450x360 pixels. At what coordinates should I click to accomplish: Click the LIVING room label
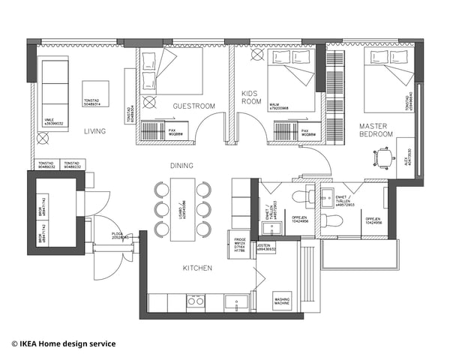94,131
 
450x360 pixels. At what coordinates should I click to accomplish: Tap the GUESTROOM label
193,106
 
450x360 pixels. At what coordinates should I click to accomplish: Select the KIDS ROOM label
250,97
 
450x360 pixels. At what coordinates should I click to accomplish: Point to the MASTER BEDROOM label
376,130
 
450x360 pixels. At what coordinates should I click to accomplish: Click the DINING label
181,166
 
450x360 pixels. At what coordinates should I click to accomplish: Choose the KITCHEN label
197,268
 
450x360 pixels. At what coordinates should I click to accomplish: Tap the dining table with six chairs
182,208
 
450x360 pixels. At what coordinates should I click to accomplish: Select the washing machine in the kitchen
283,301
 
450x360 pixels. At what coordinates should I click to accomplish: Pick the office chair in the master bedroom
383,157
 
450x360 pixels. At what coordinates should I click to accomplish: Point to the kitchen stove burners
195,301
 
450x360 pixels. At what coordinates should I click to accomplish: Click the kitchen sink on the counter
238,302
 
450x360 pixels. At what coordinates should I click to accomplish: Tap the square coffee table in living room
95,94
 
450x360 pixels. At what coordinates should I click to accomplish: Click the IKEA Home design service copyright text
64,343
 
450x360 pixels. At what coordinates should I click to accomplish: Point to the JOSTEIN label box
266,247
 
